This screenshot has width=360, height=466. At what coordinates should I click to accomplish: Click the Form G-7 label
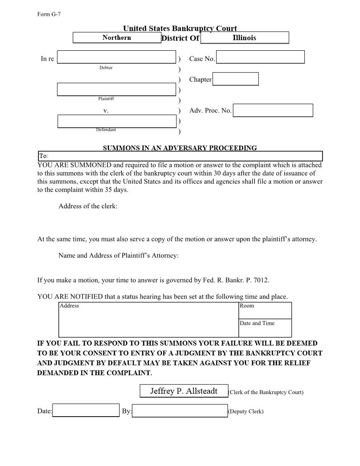point(49,14)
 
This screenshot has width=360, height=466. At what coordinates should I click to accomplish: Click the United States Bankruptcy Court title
point(180,29)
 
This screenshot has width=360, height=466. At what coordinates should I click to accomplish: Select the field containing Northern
point(117,38)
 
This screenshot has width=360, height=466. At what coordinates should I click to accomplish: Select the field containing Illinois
point(244,38)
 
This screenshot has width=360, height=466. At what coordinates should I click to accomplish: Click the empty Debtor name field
point(116,57)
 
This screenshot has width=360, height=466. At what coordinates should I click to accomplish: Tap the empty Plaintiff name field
point(116,89)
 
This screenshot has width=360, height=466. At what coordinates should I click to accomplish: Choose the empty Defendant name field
point(116,121)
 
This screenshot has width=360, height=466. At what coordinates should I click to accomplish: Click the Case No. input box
point(260,57)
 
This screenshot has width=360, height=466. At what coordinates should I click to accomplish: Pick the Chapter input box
point(235,79)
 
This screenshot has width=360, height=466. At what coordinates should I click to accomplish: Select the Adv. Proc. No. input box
point(273,110)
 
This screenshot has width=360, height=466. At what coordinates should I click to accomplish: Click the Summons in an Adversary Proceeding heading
point(180,148)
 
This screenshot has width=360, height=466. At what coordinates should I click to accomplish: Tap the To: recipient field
point(180,156)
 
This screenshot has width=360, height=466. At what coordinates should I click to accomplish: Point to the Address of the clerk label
point(88,206)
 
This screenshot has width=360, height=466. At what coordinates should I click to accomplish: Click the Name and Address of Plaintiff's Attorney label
point(118,256)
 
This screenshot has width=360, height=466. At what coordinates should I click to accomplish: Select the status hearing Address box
point(148,320)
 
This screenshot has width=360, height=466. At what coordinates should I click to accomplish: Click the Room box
point(265,310)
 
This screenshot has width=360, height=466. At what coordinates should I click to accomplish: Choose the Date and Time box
point(265,328)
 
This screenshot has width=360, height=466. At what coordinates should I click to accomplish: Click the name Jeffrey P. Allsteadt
point(184,391)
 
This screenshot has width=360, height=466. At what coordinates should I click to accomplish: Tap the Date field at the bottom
point(86,410)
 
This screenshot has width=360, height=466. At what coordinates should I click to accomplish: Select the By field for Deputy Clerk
point(180,411)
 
